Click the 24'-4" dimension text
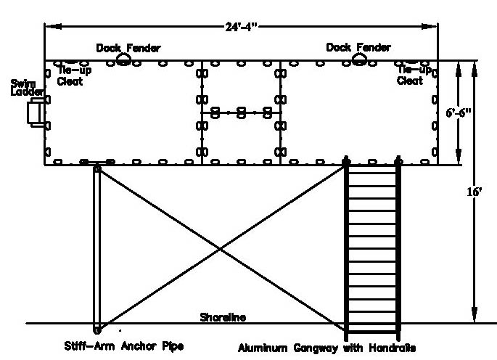[241, 27]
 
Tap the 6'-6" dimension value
[459, 112]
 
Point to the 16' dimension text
[475, 192]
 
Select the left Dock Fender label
[128, 48]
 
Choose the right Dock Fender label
[358, 48]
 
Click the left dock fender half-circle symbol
[123, 59]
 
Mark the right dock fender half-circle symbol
[359, 59]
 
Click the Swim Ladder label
[27, 88]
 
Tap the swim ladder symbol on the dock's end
[36, 112]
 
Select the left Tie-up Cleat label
[74, 75]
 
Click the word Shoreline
[223, 317]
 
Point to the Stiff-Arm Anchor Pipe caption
[124, 345]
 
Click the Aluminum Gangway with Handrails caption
[326, 348]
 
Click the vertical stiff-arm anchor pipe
[97, 249]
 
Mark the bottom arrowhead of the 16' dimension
[475, 315]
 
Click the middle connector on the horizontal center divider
[242, 112]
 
